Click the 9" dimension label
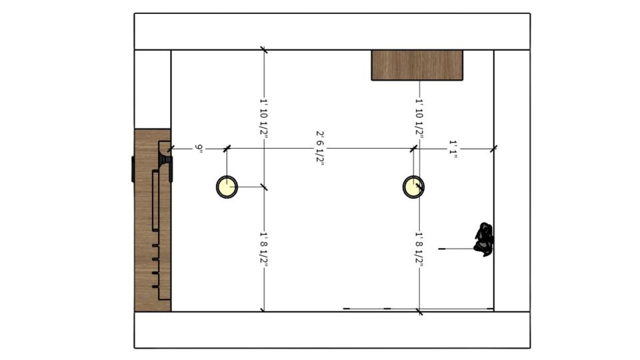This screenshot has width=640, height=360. [199, 149]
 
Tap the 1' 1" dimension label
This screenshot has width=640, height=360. [453, 149]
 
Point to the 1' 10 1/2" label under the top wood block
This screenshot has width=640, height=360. [419, 118]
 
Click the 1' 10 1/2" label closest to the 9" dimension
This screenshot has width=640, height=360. [264, 118]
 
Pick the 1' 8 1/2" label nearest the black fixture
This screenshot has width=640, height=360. [419, 249]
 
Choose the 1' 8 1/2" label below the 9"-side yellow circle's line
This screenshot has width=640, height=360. [264, 249]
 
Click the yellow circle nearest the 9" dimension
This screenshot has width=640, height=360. [227, 187]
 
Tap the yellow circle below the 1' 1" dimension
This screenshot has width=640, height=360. [413, 187]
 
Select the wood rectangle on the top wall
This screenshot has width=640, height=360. [417, 65]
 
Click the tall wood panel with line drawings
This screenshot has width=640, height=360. [153, 221]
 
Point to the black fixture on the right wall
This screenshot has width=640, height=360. [484, 239]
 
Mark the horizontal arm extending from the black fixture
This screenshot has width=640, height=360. [456, 249]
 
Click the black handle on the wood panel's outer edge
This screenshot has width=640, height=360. [133, 169]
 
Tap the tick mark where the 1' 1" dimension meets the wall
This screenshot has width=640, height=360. [494, 149]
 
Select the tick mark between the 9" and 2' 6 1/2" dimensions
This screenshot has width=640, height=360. [227, 149]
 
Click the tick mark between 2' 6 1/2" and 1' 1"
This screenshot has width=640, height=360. [413, 149]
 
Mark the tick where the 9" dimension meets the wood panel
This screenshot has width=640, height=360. [171, 149]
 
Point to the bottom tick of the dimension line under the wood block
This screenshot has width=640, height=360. [419, 312]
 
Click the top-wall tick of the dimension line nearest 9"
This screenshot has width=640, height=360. [264, 50]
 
